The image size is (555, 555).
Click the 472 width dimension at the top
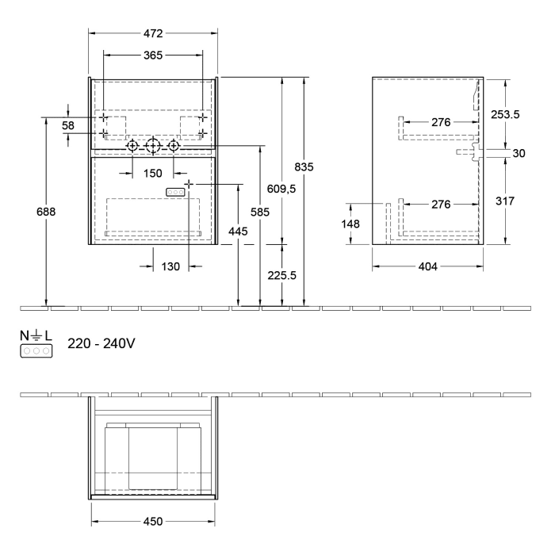[152, 33]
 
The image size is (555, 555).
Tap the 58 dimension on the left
[68, 126]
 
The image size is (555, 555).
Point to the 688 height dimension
[47, 212]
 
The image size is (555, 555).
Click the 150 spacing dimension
[152, 173]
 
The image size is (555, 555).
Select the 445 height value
[238, 231]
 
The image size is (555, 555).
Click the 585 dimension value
[259, 212]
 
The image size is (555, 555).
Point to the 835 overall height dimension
[304, 166]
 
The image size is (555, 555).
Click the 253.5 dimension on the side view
[505, 114]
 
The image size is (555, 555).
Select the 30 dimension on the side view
[519, 154]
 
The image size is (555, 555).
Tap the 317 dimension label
[505, 201]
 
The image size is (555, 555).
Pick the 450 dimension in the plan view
[152, 521]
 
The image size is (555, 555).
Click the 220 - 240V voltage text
[102, 344]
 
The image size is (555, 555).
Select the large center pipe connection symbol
[153, 146]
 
